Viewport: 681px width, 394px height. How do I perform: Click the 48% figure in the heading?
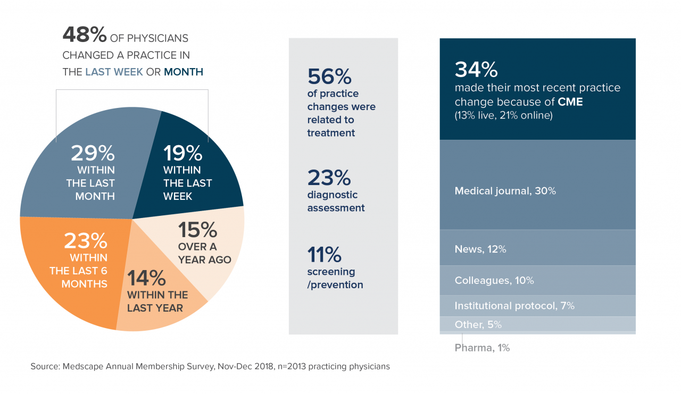(85, 36)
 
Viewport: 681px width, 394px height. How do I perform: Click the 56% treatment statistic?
(329, 77)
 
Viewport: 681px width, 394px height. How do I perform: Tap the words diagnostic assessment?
(336, 202)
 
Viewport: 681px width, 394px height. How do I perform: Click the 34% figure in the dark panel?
(476, 69)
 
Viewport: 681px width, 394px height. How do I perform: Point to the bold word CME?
(570, 102)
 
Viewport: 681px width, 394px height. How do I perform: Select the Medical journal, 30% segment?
(505, 191)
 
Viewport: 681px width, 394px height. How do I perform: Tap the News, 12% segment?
(480, 249)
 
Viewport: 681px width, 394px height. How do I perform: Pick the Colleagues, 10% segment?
(494, 280)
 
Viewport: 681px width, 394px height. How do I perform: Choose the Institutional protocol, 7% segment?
(514, 306)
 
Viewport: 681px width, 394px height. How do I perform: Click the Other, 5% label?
(478, 324)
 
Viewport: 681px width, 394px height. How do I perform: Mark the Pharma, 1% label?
(482, 348)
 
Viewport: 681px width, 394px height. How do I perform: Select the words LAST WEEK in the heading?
(114, 72)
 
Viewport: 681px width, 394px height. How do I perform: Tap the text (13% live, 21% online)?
(503, 115)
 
